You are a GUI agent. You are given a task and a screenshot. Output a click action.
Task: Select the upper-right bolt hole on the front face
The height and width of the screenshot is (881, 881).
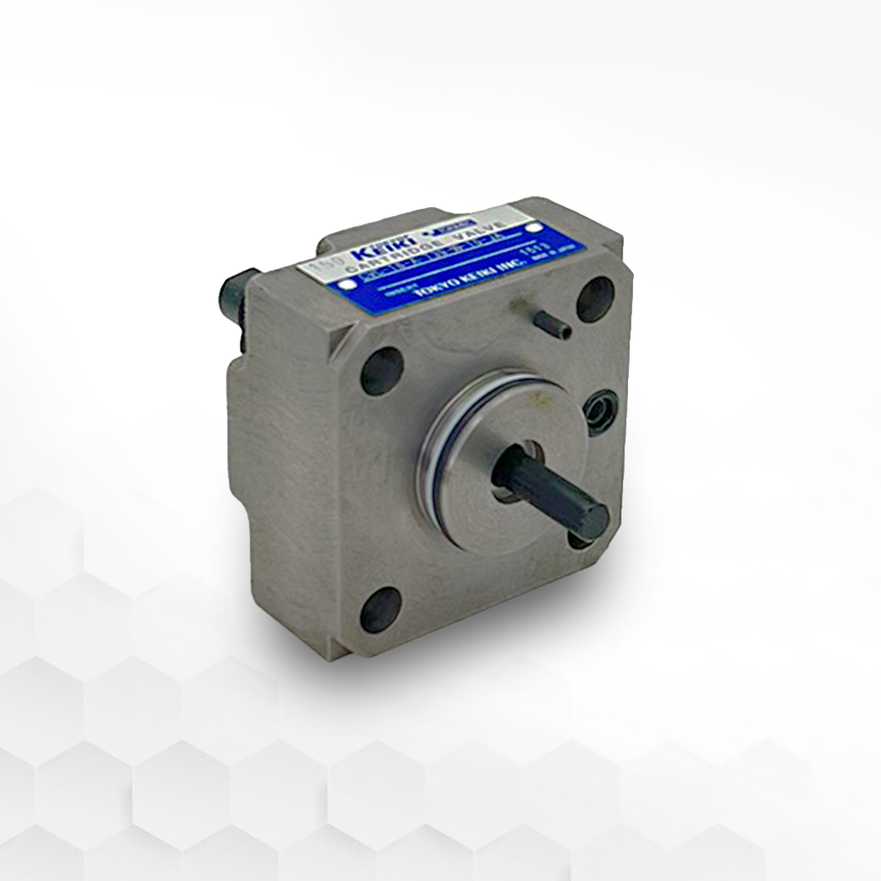coord(595,299)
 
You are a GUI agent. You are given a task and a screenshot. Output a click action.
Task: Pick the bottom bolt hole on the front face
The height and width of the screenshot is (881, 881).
coord(380,609)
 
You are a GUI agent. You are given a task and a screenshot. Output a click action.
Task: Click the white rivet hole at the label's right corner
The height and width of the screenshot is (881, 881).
coord(535,229)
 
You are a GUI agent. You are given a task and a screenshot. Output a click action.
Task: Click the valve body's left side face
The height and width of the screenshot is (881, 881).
coord(269,457)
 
